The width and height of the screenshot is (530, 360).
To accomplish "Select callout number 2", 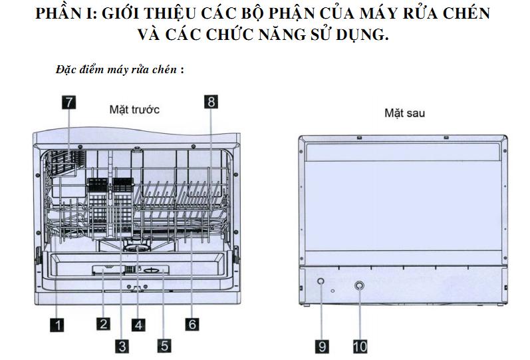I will point(103,324).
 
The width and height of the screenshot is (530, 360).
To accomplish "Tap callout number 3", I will point(121,345).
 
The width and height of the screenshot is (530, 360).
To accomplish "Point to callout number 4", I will point(138,324).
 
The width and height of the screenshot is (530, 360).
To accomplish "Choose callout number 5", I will point(164,345).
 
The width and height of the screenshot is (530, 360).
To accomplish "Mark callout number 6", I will point(192,324).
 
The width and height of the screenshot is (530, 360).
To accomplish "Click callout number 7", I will point(68,102).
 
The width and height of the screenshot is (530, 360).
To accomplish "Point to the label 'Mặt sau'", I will point(404,113).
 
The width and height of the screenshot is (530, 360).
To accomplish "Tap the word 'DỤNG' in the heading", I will point(364,34).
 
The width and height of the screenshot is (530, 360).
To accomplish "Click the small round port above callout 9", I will point(321,282).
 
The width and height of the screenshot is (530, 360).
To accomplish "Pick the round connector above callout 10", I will point(360,285).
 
